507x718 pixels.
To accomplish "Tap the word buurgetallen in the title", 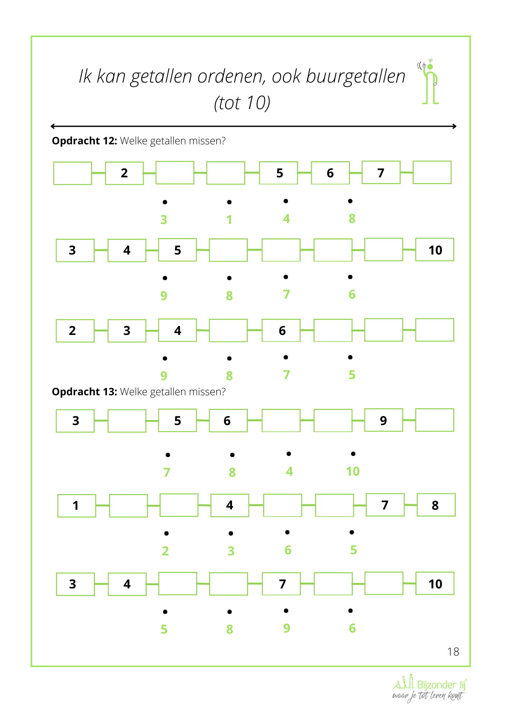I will (x=355, y=77).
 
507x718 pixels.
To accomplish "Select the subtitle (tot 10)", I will (x=242, y=103).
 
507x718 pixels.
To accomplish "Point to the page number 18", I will (x=453, y=652).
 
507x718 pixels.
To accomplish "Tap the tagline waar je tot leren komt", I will (x=427, y=696).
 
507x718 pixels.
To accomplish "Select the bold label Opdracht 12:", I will (x=85, y=141).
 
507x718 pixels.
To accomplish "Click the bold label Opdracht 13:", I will (x=85, y=392).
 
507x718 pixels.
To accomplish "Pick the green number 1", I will (x=229, y=220).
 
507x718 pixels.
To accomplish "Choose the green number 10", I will (x=353, y=471).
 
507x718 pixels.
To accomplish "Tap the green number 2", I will (x=165, y=551).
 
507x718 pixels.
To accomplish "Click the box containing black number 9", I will (x=383, y=420).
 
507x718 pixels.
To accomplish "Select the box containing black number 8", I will (x=436, y=505).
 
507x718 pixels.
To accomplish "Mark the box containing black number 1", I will (x=76, y=505).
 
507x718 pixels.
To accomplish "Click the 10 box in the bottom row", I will (x=435, y=584).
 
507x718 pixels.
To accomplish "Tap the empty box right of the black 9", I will (x=435, y=420).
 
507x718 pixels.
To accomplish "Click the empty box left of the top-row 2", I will (x=72, y=173).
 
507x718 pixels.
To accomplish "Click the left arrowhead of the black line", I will (x=53, y=126).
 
